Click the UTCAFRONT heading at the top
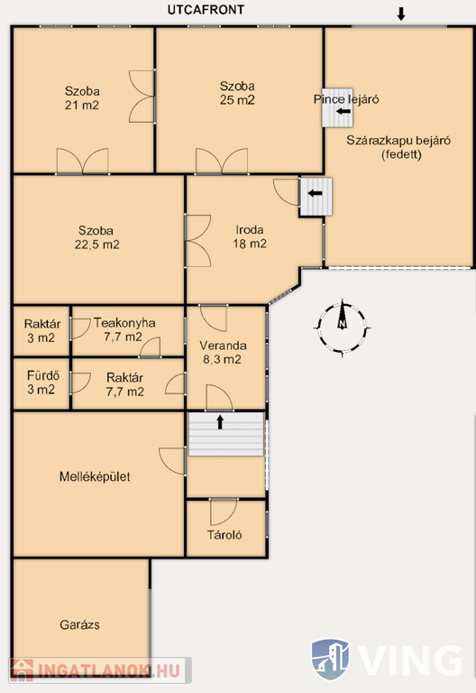pyautogui.click(x=206, y=10)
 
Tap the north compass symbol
pyautogui.click(x=343, y=327)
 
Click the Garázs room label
pyautogui.click(x=80, y=624)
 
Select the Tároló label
pyautogui.click(x=224, y=535)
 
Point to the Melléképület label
pyautogui.click(x=95, y=476)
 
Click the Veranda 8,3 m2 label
pyautogui.click(x=223, y=352)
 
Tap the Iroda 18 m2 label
pyautogui.click(x=250, y=236)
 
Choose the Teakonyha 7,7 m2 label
pyautogui.click(x=124, y=329)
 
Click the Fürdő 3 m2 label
pyautogui.click(x=42, y=383)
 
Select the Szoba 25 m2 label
pyautogui.click(x=237, y=93)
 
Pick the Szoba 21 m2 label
pyautogui.click(x=82, y=98)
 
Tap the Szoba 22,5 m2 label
pyautogui.click(x=96, y=237)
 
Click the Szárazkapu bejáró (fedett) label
pyautogui.click(x=398, y=147)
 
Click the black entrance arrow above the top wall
pyautogui.click(x=401, y=14)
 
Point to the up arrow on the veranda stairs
pyautogui.click(x=220, y=421)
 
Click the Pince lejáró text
pyautogui.click(x=346, y=99)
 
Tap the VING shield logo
pyautogui.click(x=330, y=659)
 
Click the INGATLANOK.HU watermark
pyautogui.click(x=101, y=670)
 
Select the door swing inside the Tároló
pyautogui.click(x=224, y=513)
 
